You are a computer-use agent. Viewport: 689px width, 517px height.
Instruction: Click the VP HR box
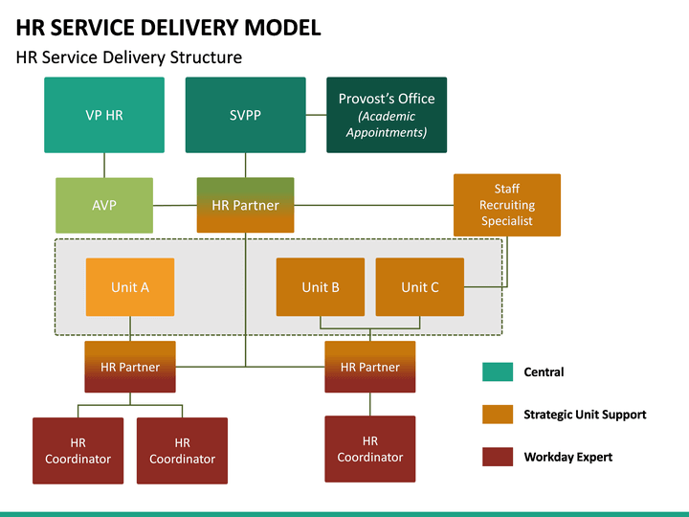(x=104, y=115)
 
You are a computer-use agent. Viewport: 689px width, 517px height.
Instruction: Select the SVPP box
(x=245, y=115)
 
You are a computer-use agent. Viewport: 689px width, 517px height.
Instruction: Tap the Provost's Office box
(x=387, y=115)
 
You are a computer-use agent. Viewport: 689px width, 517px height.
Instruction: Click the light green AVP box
(x=104, y=205)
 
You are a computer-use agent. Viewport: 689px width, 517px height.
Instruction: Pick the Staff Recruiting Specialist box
(x=506, y=205)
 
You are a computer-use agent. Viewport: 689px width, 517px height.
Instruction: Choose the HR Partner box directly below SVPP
(x=245, y=205)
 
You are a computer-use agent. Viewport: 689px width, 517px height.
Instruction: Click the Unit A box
(x=130, y=287)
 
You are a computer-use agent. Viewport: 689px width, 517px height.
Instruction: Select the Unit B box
(x=321, y=287)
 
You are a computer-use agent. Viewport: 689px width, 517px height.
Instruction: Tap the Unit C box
(x=419, y=287)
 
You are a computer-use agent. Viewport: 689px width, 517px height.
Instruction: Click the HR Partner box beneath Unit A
(x=130, y=367)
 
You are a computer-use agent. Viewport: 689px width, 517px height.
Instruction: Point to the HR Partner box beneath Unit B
(x=370, y=367)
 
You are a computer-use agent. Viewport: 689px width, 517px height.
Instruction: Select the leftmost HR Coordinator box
(x=78, y=451)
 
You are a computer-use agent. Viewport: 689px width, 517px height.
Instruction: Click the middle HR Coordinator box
(x=182, y=451)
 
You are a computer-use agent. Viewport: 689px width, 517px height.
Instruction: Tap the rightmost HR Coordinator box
(x=370, y=449)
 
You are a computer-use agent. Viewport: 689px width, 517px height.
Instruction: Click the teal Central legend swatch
(x=498, y=371)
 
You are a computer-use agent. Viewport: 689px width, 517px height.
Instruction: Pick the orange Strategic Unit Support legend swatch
(x=498, y=415)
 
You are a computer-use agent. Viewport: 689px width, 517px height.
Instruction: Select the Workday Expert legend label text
(x=567, y=458)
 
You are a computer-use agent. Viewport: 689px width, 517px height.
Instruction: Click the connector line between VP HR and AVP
(x=104, y=166)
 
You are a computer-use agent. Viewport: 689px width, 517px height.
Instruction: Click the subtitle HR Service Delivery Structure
(x=129, y=57)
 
